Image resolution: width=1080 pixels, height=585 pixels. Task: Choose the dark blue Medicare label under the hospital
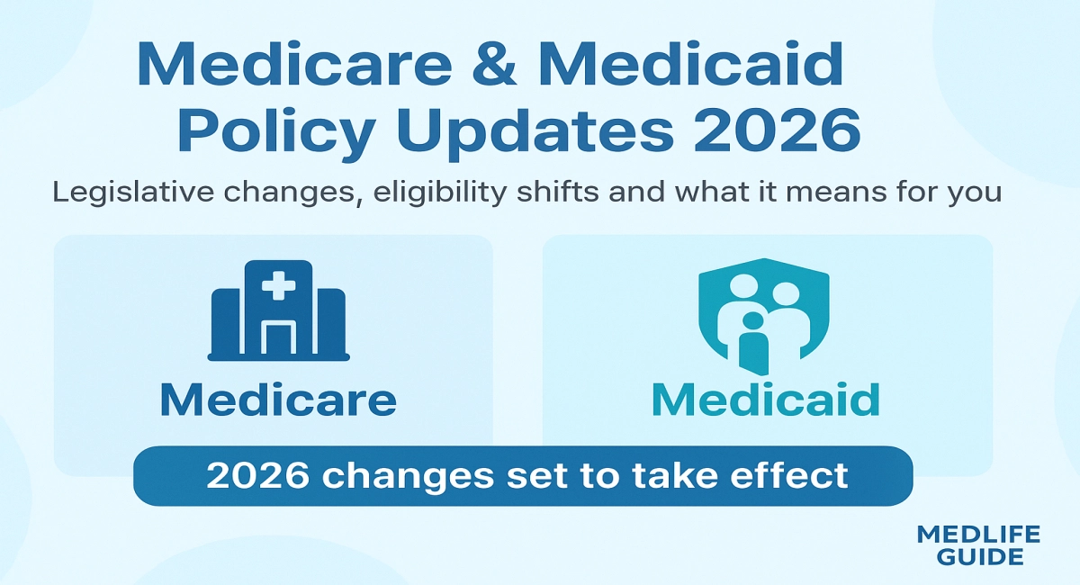[x=278, y=400]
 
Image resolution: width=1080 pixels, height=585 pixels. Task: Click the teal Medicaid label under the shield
[x=764, y=399]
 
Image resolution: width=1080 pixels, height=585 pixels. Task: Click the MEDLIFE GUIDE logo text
[x=977, y=545]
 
